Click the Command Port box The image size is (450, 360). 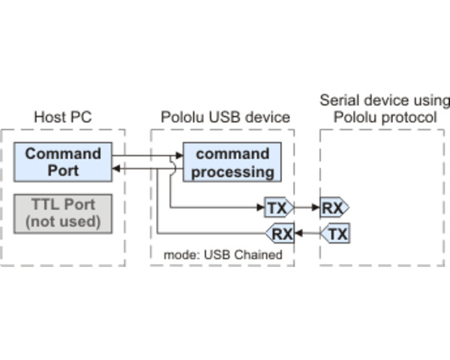(63, 162)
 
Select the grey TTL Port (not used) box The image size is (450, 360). (63, 214)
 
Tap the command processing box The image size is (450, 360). (232, 163)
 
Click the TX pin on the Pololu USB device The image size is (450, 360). (277, 207)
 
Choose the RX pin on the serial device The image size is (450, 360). (333, 207)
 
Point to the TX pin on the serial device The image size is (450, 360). (336, 234)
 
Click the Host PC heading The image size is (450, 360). (63, 117)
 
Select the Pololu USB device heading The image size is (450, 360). (225, 117)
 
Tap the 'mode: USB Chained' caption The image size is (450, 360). (223, 255)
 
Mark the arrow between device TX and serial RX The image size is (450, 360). (306, 207)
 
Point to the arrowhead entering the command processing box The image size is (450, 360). (179, 157)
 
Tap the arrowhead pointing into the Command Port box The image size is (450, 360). (116, 169)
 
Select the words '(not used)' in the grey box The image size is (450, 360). (63, 221)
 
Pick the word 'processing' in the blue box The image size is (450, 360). (232, 171)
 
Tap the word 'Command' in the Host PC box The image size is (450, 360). (63, 154)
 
